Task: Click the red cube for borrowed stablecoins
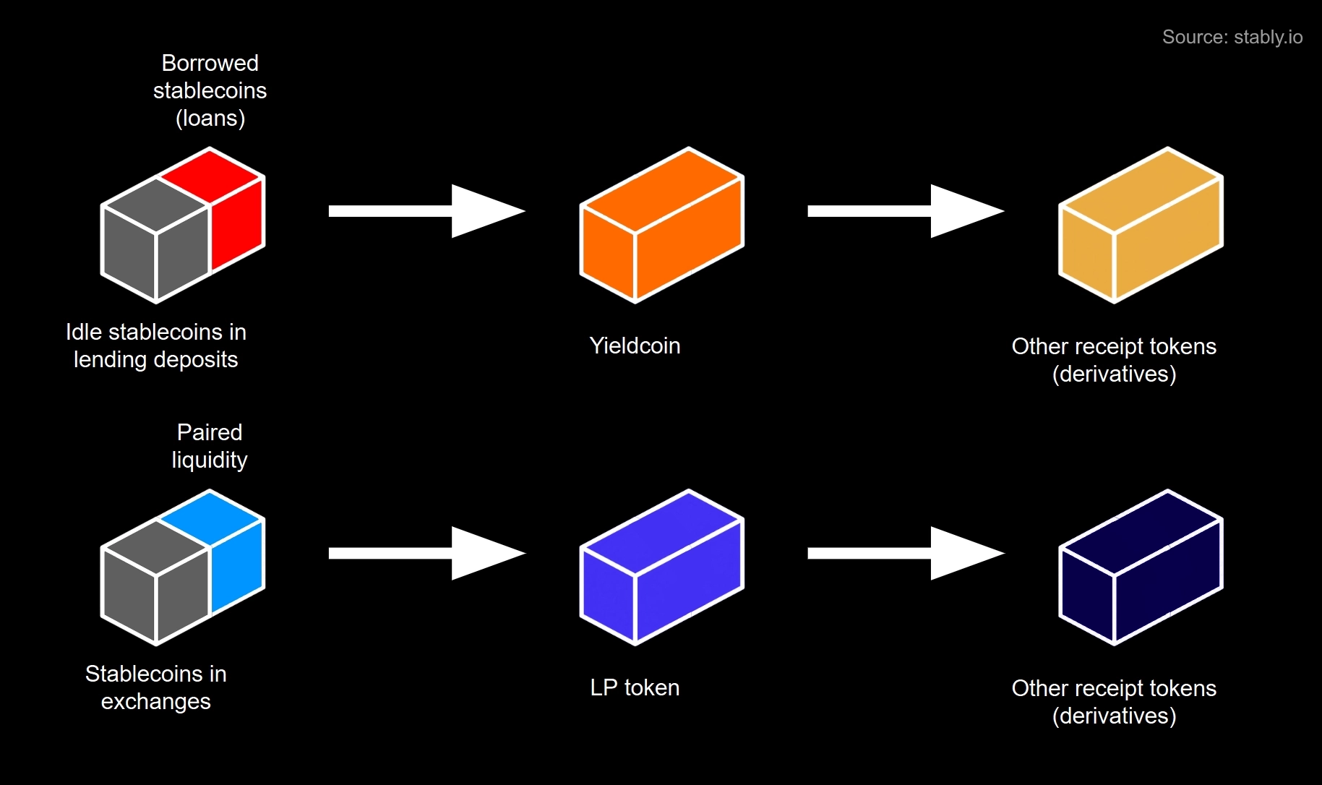[x=235, y=213]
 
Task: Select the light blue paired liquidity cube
[x=235, y=557]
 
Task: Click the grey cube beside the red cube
[x=156, y=239]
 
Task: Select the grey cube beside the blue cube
[x=156, y=582]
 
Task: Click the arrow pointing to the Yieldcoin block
[x=426, y=211]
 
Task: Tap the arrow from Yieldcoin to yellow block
[x=905, y=211]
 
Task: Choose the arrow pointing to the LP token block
[x=426, y=553]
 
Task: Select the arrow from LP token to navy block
[x=905, y=553]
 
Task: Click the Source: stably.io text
[x=1232, y=37]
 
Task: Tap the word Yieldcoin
[x=635, y=346]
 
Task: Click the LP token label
[x=635, y=687]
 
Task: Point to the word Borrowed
[x=210, y=63]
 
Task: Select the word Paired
[x=210, y=432]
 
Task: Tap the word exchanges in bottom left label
[x=155, y=701]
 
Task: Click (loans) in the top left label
[x=210, y=118]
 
